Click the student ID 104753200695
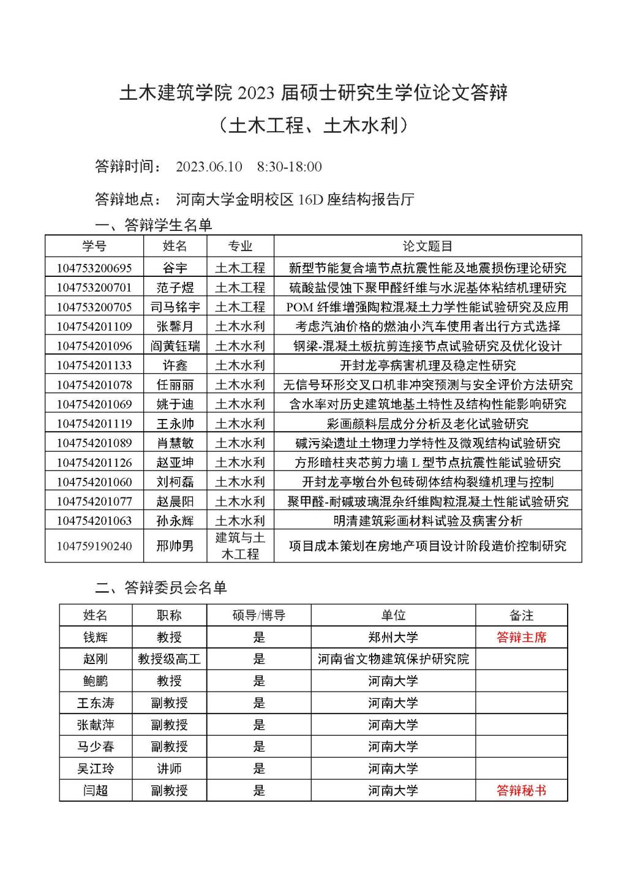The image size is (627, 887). click(x=94, y=268)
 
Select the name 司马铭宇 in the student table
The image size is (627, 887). click(x=175, y=307)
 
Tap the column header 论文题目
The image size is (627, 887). click(x=427, y=246)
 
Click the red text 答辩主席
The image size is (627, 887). click(x=521, y=637)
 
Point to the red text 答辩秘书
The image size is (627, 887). click(x=521, y=790)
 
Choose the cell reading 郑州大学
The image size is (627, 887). click(x=393, y=637)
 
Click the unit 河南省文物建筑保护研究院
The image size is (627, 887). click(x=393, y=659)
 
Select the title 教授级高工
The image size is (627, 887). click(x=169, y=659)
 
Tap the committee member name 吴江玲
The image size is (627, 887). click(x=96, y=768)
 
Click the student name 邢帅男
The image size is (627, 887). click(x=175, y=545)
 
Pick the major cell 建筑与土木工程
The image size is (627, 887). click(x=240, y=546)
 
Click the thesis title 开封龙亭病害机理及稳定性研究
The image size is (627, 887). click(x=427, y=365)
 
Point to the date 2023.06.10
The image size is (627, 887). click(x=209, y=167)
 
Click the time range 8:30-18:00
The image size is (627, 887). click(x=290, y=167)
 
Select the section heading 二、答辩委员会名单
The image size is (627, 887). click(x=161, y=587)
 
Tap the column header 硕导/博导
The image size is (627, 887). click(x=259, y=615)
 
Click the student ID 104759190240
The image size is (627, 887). click(x=94, y=546)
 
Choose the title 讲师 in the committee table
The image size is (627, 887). click(x=169, y=768)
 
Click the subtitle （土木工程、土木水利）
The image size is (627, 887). click(x=313, y=126)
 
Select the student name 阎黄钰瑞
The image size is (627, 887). click(x=175, y=346)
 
